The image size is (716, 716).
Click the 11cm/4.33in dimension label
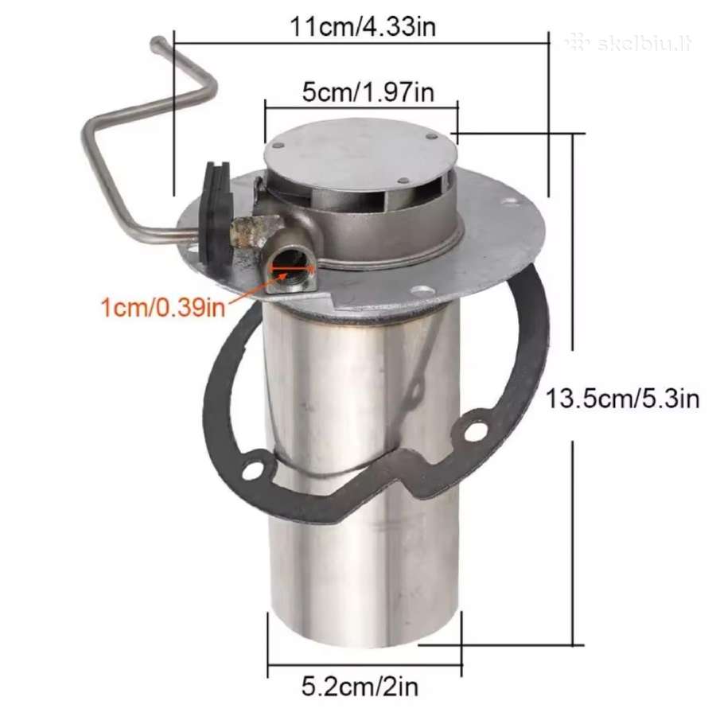tap(363, 27)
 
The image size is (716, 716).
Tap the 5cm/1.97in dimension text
tap(368, 93)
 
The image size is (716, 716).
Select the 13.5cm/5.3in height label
tap(622, 399)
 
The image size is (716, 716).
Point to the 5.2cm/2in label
tap(360, 687)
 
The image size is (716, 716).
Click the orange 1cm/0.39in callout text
tap(163, 307)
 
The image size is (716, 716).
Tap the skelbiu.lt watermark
tap(628, 44)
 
